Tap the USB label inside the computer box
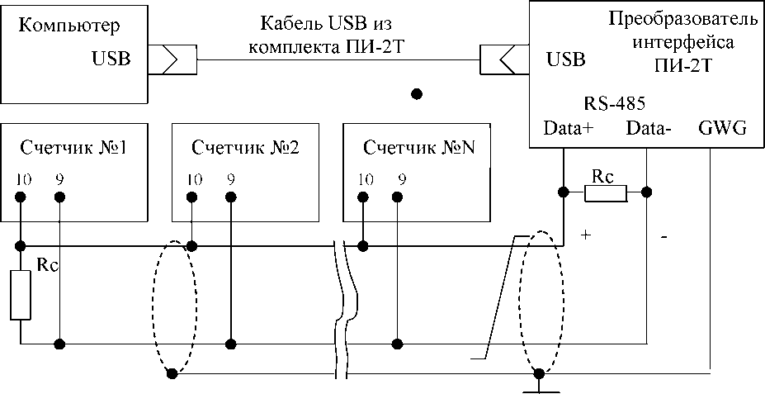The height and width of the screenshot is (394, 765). coord(110,59)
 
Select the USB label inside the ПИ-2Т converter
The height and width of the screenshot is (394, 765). coord(565,59)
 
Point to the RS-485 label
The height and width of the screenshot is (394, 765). coord(614,105)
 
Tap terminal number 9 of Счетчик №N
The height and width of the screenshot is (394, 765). coord(402,178)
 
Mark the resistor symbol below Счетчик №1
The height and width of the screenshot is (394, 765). coord(21,294)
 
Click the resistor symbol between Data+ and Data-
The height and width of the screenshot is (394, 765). coord(606,193)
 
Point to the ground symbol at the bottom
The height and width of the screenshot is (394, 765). coord(539,383)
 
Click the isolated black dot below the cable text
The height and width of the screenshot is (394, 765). coord(417,93)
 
